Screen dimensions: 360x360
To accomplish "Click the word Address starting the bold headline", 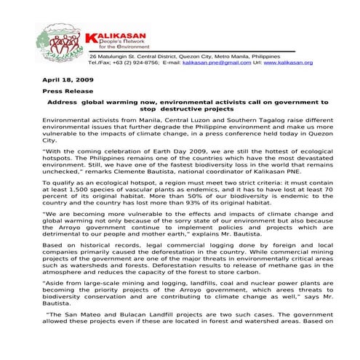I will click(x=66, y=103).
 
